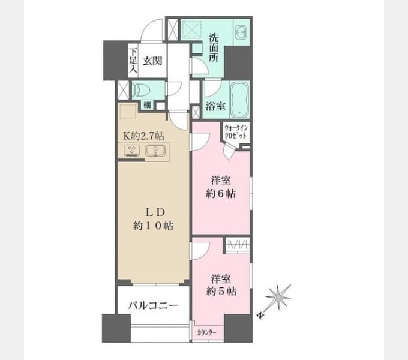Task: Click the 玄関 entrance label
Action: tap(152, 61)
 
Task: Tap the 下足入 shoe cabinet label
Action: tap(133, 60)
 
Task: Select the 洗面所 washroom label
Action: tap(214, 47)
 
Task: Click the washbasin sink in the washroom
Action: tap(241, 32)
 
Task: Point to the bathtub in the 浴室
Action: tap(239, 99)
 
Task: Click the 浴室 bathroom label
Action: tap(215, 106)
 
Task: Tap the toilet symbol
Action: tap(142, 90)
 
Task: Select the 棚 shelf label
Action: tap(147, 106)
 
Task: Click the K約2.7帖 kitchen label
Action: tap(143, 136)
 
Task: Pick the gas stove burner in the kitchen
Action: tap(131, 151)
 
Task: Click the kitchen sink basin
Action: tap(155, 150)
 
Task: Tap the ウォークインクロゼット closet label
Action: tap(235, 132)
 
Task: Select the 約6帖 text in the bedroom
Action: tap(221, 194)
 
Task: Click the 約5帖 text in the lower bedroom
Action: tap(221, 292)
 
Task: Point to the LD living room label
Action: tap(155, 212)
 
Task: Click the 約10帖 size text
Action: tap(153, 226)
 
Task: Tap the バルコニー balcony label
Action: tap(153, 305)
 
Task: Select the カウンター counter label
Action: tap(206, 332)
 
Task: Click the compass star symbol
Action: tap(278, 297)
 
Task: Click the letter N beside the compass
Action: tap(260, 316)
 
